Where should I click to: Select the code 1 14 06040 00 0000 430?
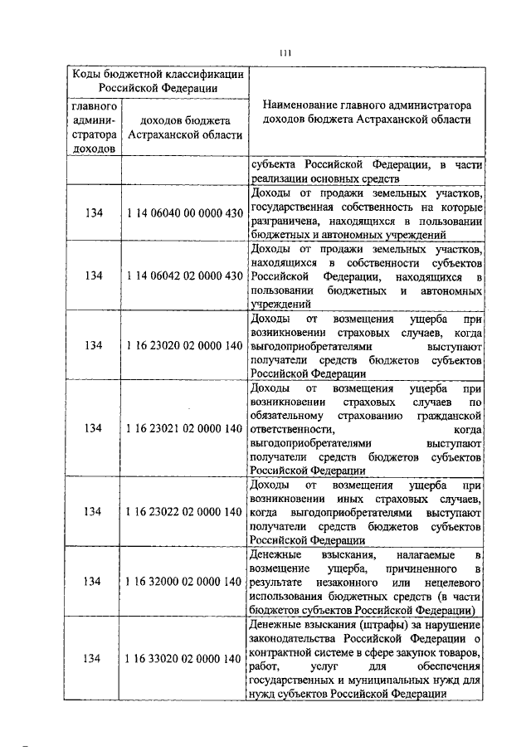click(184, 213)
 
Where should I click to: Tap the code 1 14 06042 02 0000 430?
click(184, 276)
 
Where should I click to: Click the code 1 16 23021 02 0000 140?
click(184, 428)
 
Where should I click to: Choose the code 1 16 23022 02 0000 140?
click(184, 511)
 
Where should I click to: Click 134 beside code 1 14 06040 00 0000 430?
click(94, 213)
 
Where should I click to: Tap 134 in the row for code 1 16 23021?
click(94, 428)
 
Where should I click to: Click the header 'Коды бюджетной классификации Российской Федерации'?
click(158, 80)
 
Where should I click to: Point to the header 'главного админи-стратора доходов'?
click(94, 128)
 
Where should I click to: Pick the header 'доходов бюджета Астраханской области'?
click(184, 128)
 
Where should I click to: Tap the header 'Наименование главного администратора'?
click(366, 106)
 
